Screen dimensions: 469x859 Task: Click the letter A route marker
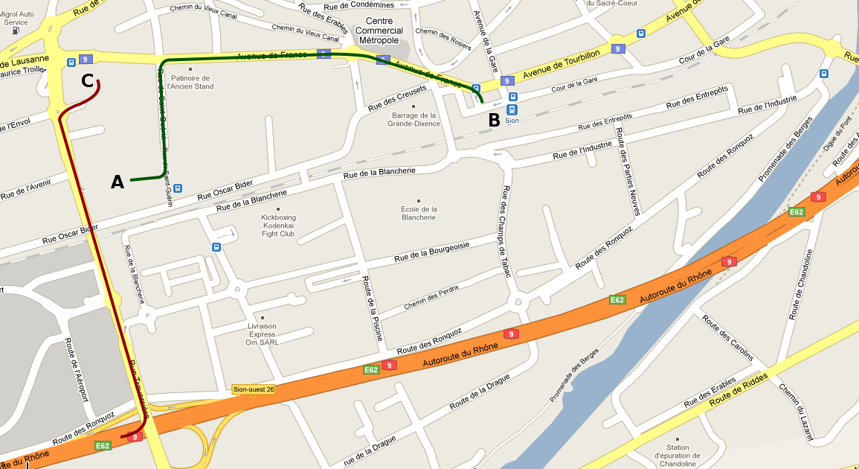pos(118,182)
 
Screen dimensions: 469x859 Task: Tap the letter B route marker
pos(494,119)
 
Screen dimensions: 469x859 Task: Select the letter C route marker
pos(87,81)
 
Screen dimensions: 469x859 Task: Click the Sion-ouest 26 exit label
pos(254,389)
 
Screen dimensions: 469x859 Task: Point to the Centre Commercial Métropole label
pos(379,31)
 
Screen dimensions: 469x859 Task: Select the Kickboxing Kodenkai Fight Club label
pos(278,225)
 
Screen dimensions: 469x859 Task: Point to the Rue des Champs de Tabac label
pos(506,231)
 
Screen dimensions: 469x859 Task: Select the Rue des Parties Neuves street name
pos(627,172)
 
